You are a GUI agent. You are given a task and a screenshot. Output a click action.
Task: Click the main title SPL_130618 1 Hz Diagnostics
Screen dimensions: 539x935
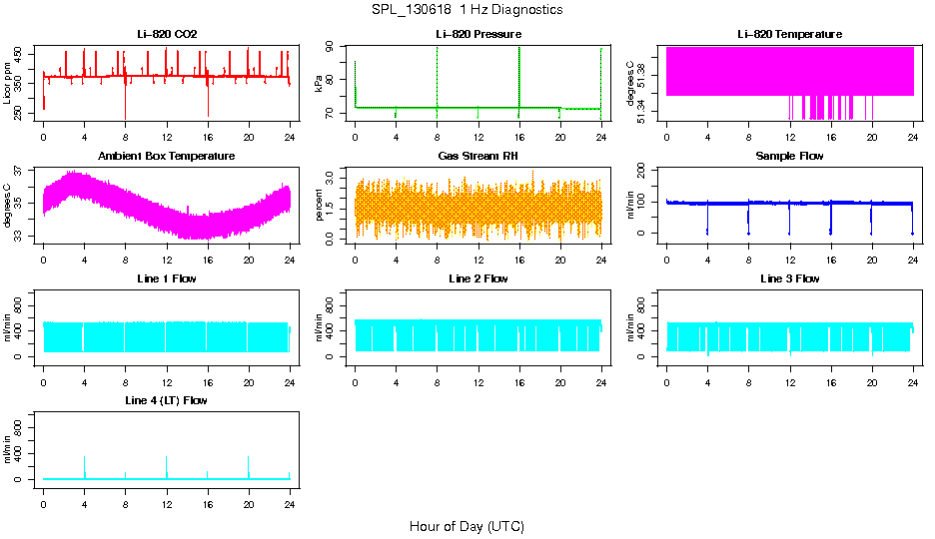(x=467, y=10)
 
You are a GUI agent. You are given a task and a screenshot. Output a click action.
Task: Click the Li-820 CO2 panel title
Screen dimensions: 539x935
(x=167, y=34)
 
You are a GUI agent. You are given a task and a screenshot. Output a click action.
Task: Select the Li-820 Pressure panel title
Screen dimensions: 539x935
(x=478, y=34)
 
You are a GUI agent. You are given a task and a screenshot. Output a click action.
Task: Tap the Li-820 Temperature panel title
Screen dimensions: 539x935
(x=789, y=34)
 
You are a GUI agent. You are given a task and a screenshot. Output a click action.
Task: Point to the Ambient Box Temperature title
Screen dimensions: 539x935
(x=167, y=156)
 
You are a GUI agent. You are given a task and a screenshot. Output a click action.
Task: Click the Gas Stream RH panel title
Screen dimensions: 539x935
(x=478, y=156)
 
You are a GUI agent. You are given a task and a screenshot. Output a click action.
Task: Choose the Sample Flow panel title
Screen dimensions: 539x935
(x=789, y=156)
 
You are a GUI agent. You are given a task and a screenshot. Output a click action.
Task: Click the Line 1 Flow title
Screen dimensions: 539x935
(x=167, y=278)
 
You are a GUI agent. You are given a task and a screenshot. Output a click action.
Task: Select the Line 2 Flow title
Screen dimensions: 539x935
(x=478, y=278)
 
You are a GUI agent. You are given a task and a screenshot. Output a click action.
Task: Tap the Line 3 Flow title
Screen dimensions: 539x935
(x=789, y=278)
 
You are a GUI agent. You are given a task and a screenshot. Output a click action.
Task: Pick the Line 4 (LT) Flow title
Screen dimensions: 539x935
(x=167, y=400)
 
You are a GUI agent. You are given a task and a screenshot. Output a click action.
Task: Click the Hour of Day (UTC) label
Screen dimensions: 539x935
(x=467, y=526)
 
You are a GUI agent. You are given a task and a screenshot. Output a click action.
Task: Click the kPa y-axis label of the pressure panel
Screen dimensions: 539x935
(x=319, y=85)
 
